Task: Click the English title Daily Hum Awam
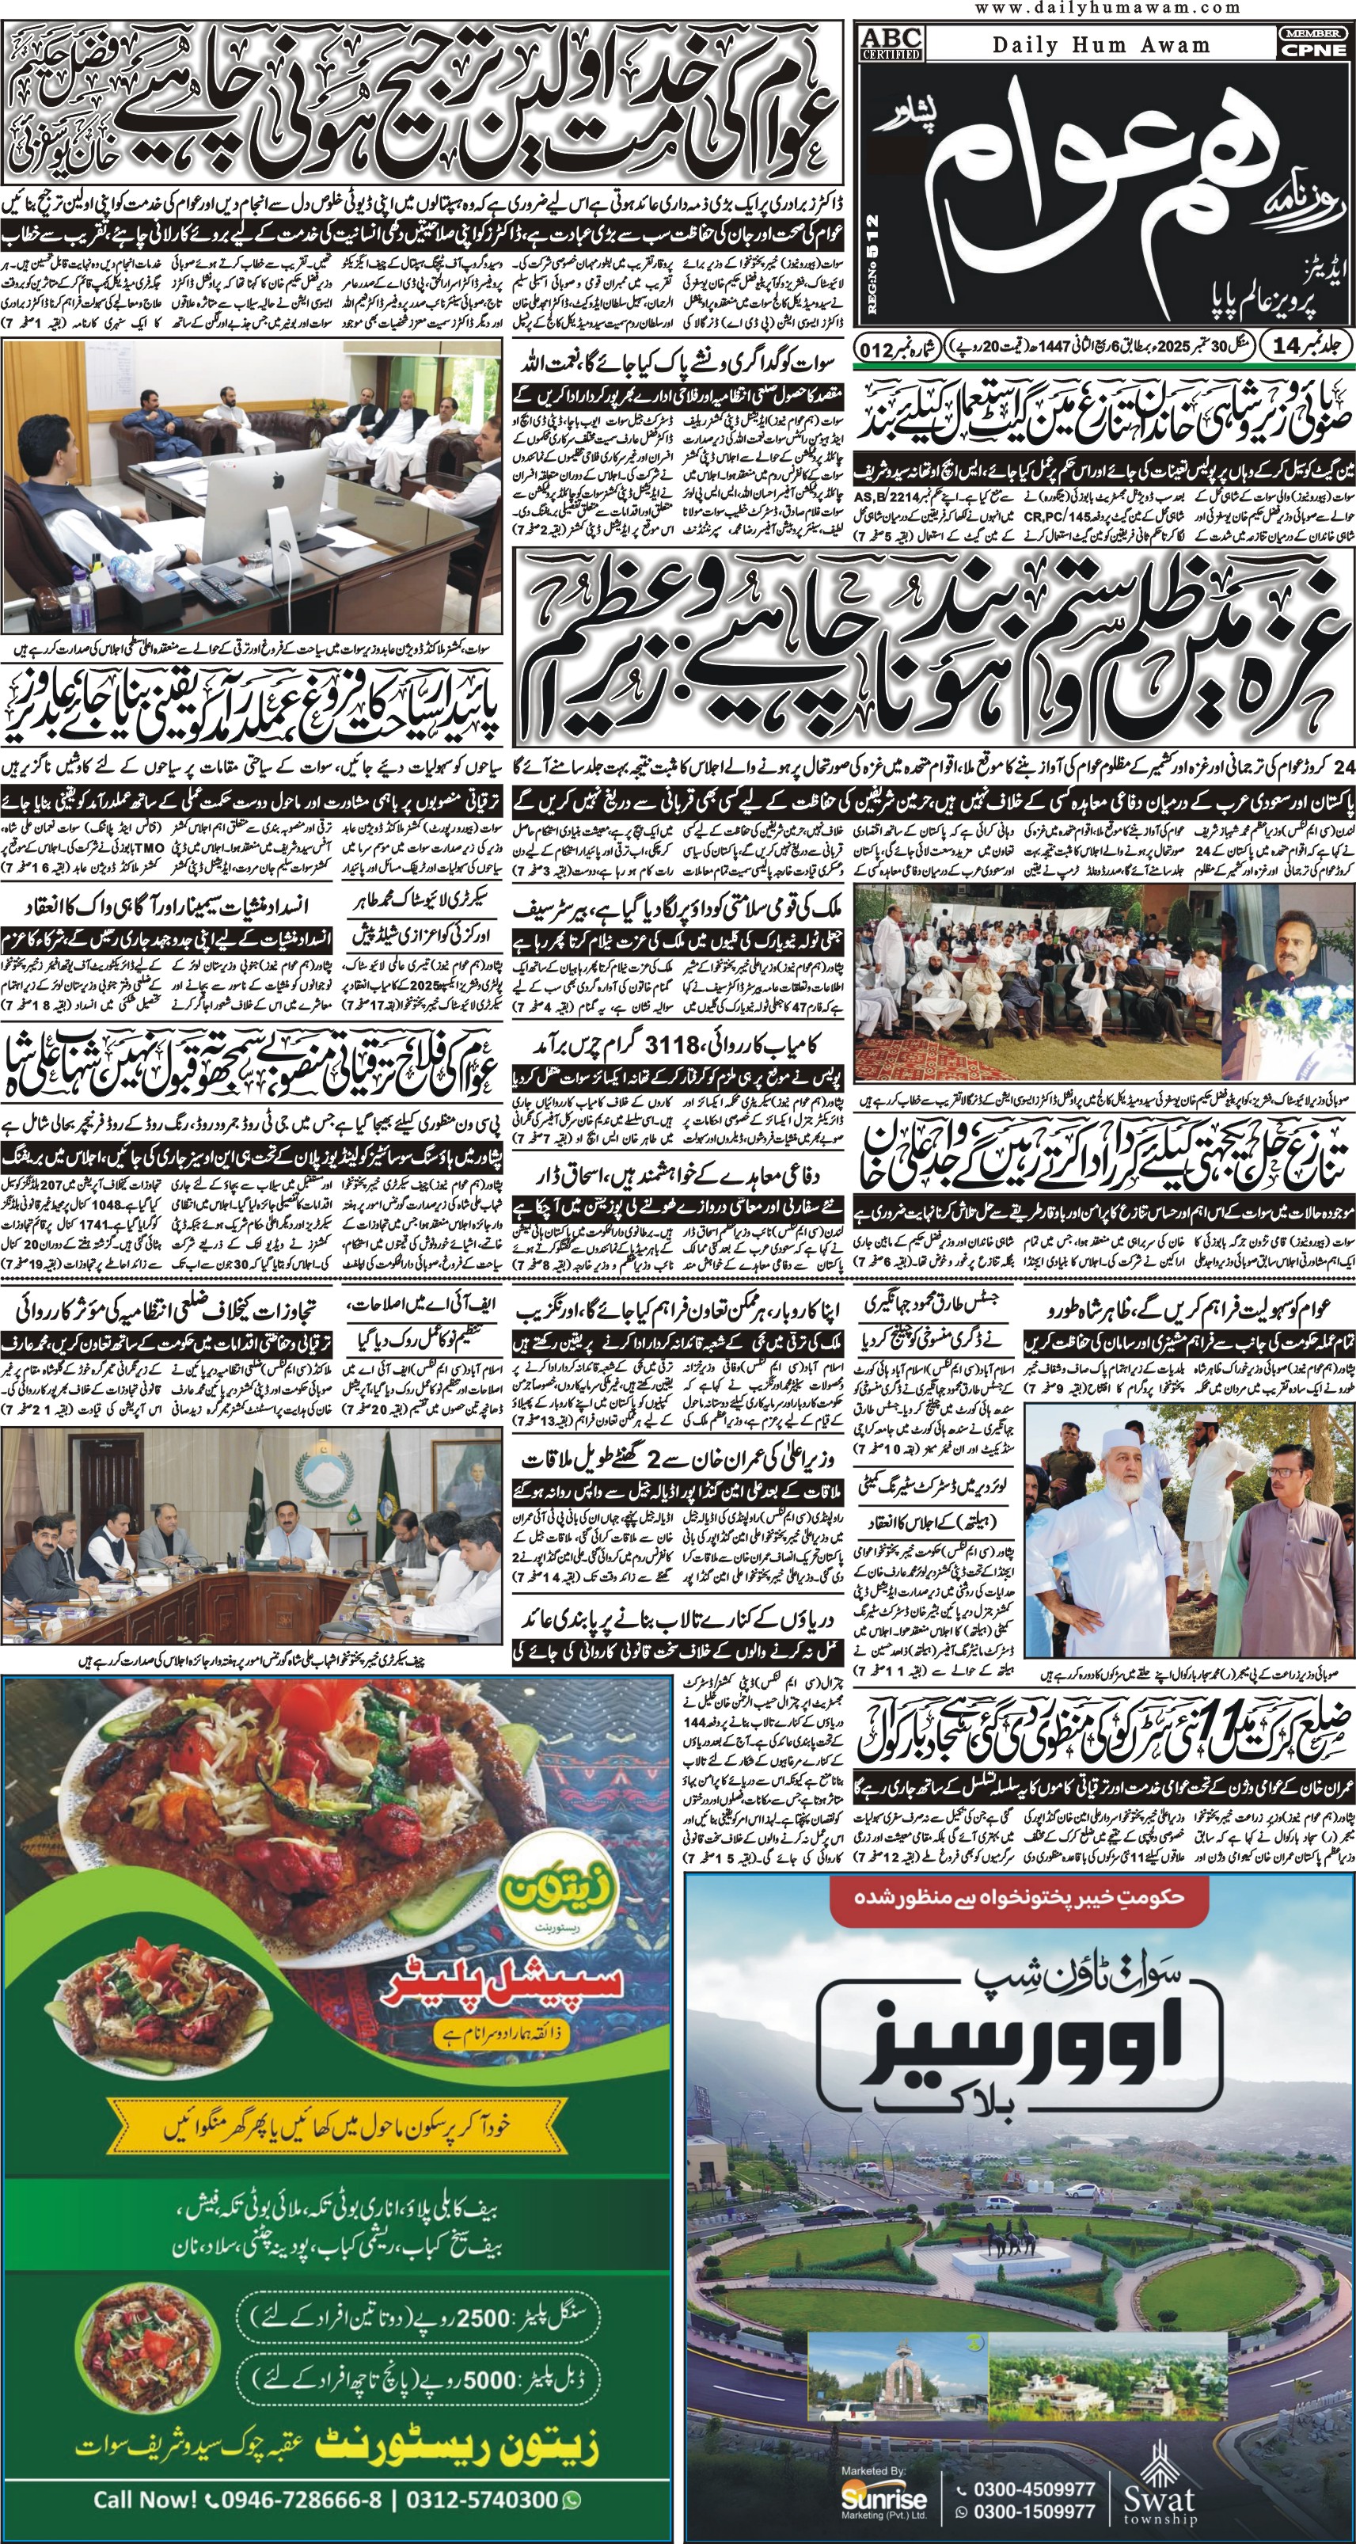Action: coord(1100,44)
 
